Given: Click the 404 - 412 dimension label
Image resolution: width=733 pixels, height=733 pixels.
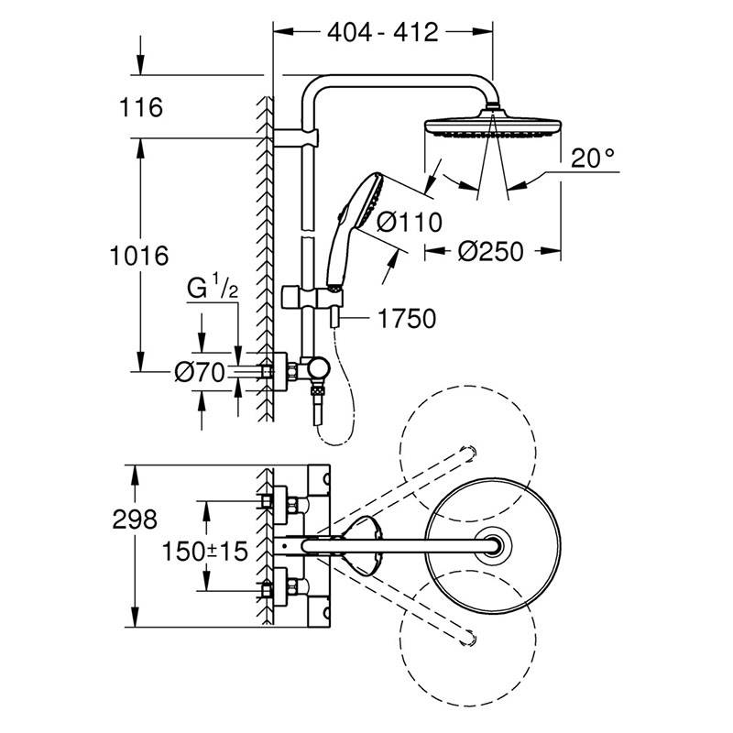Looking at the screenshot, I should [x=383, y=34].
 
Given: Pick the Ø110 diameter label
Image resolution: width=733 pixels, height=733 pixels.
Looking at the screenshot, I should [x=410, y=222].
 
